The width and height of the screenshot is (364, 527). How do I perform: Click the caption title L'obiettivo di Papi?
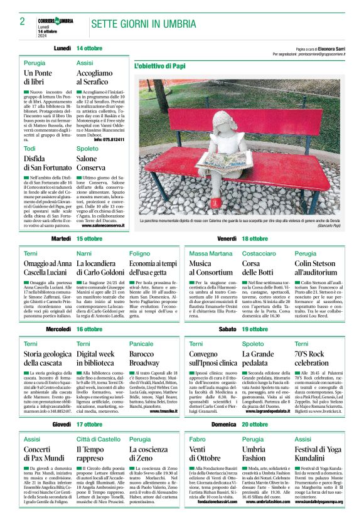coord(160,66)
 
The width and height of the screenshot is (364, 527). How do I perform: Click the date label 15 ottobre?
coord(89,239)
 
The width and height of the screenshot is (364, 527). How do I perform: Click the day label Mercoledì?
coord(58,329)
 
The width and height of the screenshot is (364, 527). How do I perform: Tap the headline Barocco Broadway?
coord(146,358)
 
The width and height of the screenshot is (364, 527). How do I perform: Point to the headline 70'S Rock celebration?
coord(312,358)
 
